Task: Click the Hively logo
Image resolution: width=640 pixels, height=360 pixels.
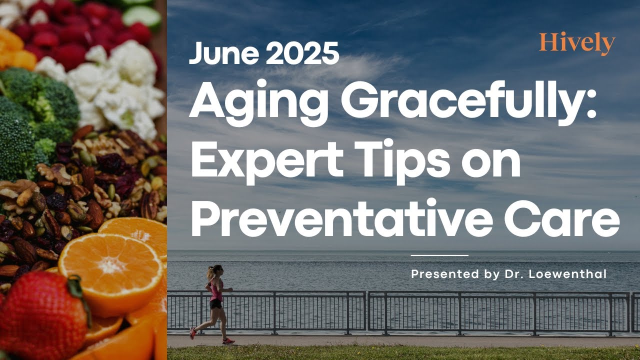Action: [576, 43]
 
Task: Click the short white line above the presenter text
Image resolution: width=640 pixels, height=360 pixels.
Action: [439, 255]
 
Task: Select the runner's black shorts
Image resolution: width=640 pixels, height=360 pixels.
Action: [216, 303]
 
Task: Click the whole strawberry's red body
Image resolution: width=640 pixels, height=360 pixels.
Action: [40, 315]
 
